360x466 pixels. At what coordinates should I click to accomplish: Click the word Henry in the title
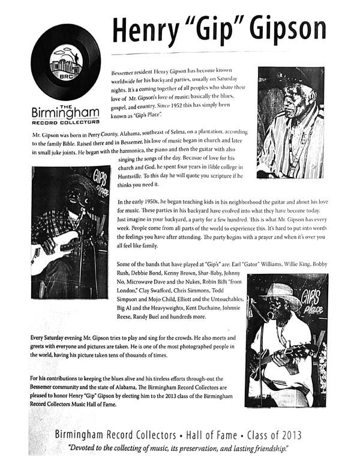149,28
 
